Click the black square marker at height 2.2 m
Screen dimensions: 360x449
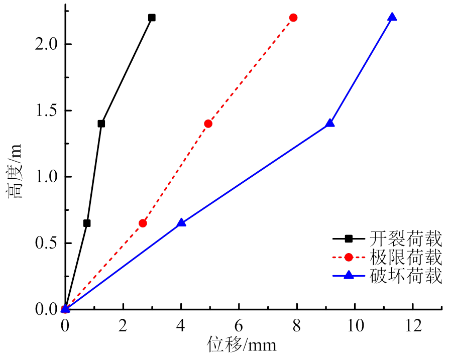pos(152,18)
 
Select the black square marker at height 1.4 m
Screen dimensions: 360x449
pos(101,124)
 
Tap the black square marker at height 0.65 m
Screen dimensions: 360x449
pos(87,223)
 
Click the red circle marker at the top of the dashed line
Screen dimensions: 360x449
pos(293,18)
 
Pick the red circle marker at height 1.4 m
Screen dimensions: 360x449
pos(208,124)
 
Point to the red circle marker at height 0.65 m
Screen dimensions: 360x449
pos(143,223)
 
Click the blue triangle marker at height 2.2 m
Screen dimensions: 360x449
pos(392,17)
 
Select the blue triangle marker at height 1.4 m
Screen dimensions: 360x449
pos(330,123)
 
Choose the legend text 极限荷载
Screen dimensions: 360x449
pos(406,257)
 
